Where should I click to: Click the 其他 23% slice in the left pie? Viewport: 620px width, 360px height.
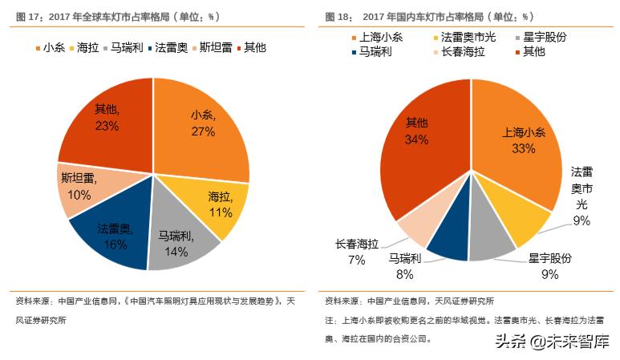[104, 120]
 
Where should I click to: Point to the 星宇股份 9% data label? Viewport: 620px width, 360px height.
[549, 266]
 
